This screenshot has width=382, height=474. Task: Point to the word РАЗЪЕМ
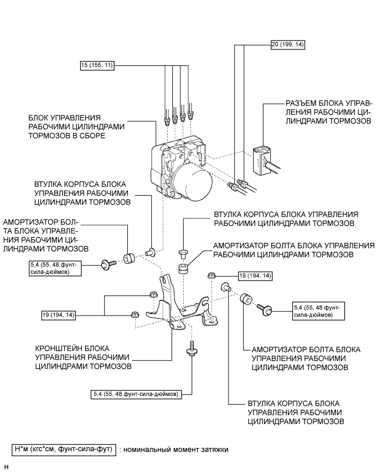[300, 104]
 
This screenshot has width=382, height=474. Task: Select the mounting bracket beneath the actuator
[177, 308]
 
